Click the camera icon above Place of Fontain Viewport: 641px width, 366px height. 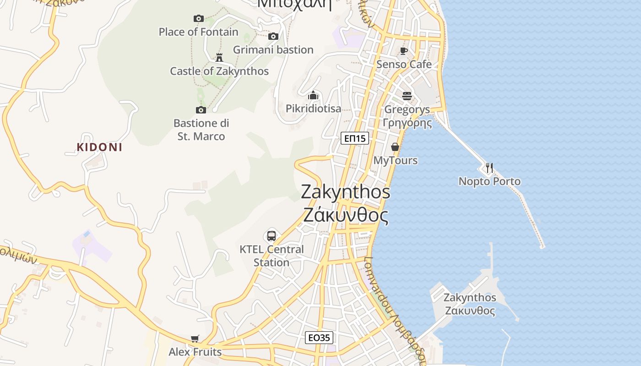[x=198, y=18]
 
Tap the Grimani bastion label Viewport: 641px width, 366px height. [x=273, y=49]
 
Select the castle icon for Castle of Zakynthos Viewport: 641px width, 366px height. [x=219, y=57]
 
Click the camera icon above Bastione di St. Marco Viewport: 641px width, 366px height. [x=201, y=110]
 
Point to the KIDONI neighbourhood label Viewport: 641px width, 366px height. [x=99, y=147]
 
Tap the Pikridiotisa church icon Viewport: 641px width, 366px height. [x=313, y=95]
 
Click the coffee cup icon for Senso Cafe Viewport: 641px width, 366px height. [x=403, y=50]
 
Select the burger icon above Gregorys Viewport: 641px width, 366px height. [x=407, y=96]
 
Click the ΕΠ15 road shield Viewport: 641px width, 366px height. [x=355, y=138]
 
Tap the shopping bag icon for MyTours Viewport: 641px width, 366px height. [x=395, y=147]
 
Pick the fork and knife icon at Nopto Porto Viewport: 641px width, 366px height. [x=489, y=168]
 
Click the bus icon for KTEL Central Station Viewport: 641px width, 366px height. [x=272, y=236]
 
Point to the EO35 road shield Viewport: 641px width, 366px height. [x=319, y=338]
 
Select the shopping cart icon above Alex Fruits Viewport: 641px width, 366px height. [x=195, y=339]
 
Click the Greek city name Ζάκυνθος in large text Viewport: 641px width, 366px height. [x=346, y=215]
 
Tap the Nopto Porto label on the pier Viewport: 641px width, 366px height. [x=489, y=181]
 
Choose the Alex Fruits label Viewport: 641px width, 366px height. [x=195, y=352]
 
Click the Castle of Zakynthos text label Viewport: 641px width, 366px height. [x=219, y=71]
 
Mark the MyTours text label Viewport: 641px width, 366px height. [x=396, y=160]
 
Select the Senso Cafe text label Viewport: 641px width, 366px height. [x=404, y=64]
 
